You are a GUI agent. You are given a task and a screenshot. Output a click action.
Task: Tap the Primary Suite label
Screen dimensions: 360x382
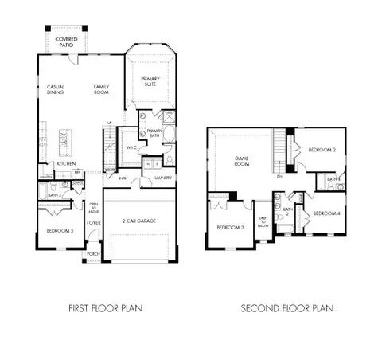coord(151,81)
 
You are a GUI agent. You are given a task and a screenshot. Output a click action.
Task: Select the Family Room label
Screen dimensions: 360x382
coord(103,88)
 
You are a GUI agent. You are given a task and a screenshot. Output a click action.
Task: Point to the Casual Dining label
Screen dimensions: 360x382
coord(56,88)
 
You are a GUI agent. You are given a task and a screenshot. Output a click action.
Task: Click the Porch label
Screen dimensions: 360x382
coord(93,255)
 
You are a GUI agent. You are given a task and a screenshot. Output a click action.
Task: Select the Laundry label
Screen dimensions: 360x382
coord(164,178)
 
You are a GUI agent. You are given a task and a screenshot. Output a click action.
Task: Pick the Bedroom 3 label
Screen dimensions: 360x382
coord(230,228)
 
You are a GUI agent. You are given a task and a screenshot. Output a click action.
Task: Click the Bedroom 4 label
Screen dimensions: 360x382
coord(326,213)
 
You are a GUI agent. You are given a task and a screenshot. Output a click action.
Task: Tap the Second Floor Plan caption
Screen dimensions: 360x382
coord(289,308)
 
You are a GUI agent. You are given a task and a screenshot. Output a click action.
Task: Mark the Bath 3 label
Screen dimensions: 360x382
coord(54,195)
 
